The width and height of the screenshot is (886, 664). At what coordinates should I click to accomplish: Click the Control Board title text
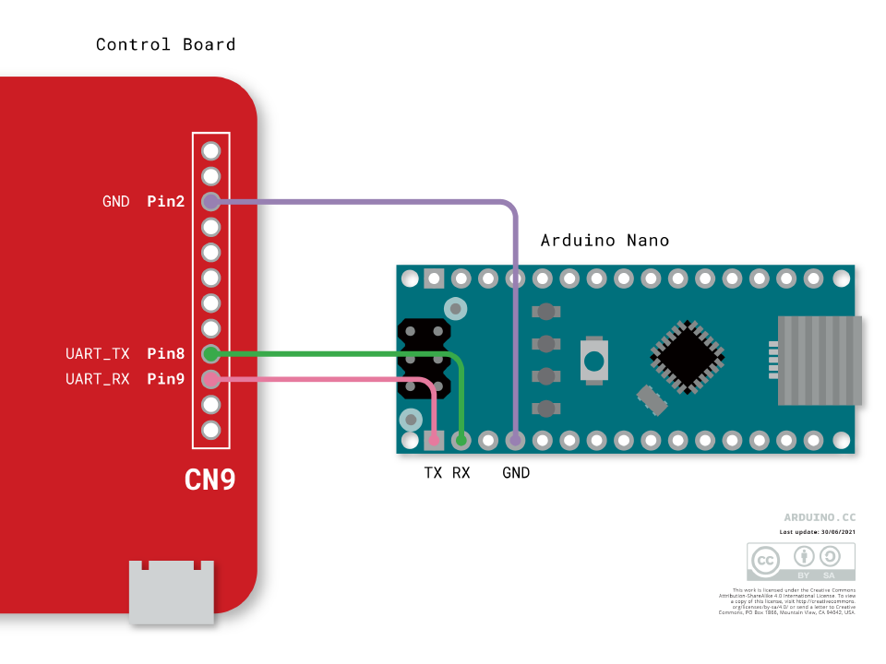(x=165, y=44)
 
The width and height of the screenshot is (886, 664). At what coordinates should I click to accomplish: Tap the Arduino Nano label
(x=605, y=241)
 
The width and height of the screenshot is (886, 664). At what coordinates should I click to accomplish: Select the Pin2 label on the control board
(x=166, y=201)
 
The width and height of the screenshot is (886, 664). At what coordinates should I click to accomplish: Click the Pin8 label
(x=166, y=353)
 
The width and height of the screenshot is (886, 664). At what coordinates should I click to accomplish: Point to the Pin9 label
(x=166, y=379)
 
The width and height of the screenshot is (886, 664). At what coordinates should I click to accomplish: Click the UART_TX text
(x=99, y=353)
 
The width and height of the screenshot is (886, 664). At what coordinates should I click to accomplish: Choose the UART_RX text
(x=98, y=379)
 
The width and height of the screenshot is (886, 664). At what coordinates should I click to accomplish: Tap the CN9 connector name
(x=210, y=480)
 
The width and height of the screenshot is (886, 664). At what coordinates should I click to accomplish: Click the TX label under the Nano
(x=433, y=473)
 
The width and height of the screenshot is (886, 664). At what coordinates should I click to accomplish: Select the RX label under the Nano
(x=461, y=473)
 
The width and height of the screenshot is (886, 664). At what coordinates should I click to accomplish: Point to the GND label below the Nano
(x=516, y=473)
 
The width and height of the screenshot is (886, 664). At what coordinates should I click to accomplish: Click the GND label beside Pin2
(x=116, y=201)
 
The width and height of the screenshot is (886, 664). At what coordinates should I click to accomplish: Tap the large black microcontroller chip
(x=687, y=357)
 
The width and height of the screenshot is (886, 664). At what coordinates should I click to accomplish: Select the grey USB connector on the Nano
(x=820, y=360)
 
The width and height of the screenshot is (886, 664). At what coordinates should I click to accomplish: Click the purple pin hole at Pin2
(x=210, y=201)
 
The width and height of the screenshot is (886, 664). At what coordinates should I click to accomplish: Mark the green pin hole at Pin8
(x=210, y=353)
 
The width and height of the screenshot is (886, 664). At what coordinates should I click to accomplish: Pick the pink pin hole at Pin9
(x=210, y=379)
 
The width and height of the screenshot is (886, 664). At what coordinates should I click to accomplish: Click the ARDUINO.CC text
(x=820, y=518)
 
